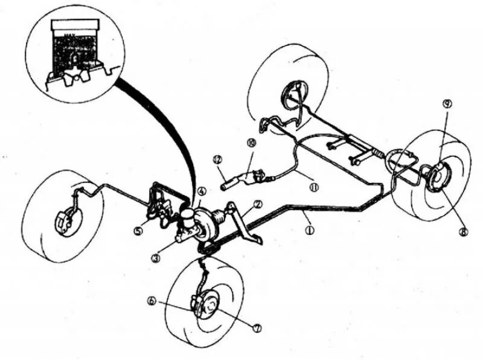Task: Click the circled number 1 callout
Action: [310, 230]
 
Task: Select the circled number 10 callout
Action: [251, 143]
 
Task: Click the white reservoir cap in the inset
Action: [75, 24]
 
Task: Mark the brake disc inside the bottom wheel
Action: [208, 308]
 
